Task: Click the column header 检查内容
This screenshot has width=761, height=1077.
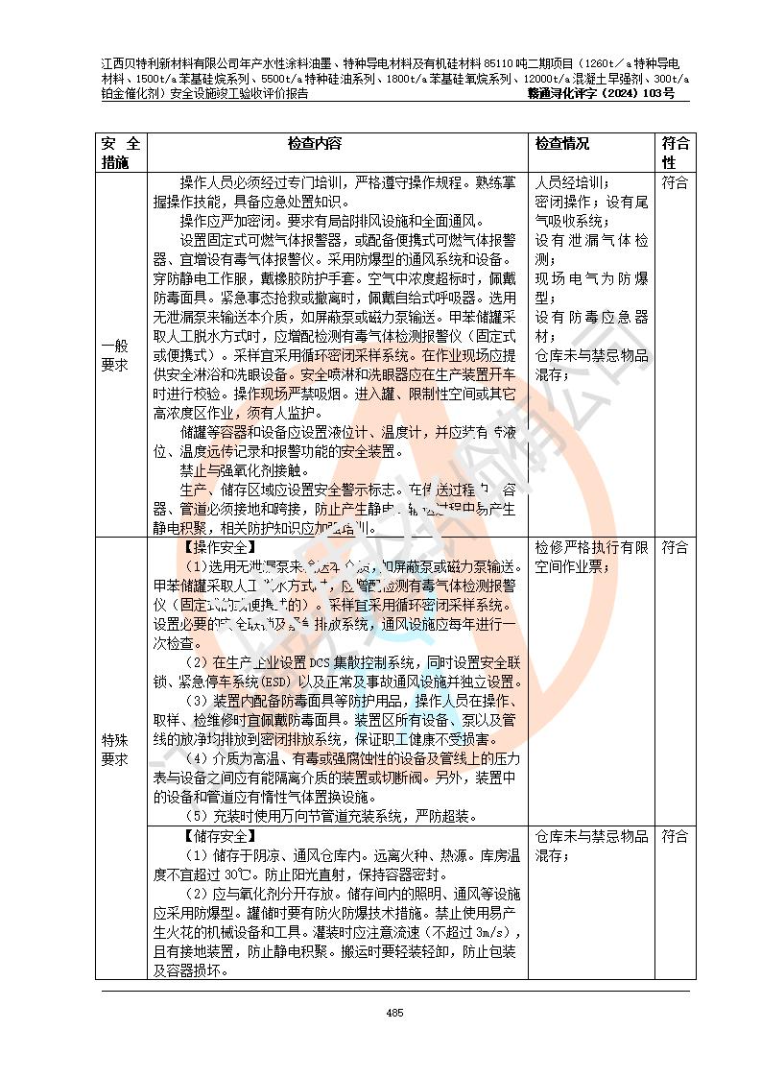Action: coord(315,144)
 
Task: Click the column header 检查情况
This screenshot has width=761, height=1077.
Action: coord(562,144)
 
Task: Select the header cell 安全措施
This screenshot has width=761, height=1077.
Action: coord(121,154)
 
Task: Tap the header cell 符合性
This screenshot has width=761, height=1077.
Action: coord(675,154)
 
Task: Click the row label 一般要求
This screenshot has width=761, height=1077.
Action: coord(121,355)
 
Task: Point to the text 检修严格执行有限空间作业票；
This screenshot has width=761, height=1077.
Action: coord(591,557)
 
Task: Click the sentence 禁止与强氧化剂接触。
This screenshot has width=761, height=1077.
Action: coord(245,471)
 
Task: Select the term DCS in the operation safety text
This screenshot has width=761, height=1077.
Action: coord(294,662)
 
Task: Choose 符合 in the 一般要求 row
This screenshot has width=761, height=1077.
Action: coord(675,182)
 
